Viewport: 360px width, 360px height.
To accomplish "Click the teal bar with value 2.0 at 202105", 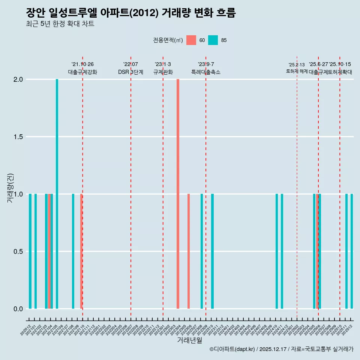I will (57, 194).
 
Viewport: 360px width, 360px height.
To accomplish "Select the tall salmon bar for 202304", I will (178, 194).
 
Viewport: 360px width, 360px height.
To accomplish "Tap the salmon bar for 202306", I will (189, 251).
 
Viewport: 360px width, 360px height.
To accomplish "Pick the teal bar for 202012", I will (30, 251).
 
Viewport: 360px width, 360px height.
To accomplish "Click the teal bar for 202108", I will (73, 251).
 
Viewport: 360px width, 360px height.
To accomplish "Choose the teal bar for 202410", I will (277, 251).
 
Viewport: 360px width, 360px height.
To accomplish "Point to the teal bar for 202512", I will (352, 251).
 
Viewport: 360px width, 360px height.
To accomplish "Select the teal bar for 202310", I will (212, 251).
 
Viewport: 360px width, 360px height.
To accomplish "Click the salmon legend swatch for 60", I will (191, 40).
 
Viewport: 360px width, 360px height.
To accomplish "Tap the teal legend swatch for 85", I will (213, 40).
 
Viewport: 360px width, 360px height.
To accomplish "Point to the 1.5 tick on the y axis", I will (18, 137).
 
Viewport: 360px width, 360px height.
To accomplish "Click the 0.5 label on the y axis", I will (18, 251).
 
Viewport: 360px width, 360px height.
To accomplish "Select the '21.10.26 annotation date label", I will (82, 64).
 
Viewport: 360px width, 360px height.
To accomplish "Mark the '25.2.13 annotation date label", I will (297, 65).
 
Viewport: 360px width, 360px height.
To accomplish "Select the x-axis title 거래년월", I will (190, 340).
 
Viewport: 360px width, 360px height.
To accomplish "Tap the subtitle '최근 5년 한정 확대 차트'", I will (60, 24).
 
